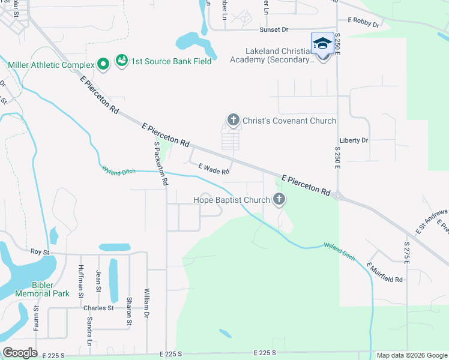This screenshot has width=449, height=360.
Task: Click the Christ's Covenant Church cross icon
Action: [x=234, y=121]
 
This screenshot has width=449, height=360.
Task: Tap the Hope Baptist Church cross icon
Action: [x=279, y=200]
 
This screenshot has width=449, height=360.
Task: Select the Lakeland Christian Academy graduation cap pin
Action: [x=322, y=44]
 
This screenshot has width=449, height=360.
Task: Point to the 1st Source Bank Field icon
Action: [x=122, y=61]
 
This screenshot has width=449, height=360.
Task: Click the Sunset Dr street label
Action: [x=274, y=29]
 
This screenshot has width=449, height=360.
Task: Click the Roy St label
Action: [x=40, y=253]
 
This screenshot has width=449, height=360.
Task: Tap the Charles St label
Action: [x=98, y=308]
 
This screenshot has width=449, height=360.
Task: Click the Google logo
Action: [x=20, y=353]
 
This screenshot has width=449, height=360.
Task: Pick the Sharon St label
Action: [x=129, y=312]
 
